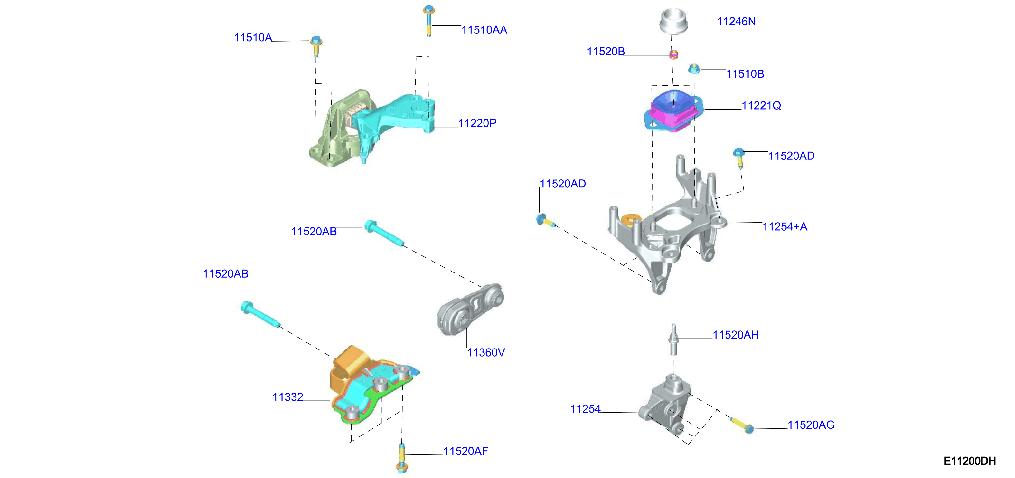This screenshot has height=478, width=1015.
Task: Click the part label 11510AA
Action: [484, 30]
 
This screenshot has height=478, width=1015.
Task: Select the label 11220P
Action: [477, 123]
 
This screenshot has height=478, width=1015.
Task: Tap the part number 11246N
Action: [736, 21]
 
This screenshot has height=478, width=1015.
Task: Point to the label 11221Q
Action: [761, 105]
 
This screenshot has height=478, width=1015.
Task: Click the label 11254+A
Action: [785, 226]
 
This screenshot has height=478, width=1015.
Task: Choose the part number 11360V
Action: [486, 352]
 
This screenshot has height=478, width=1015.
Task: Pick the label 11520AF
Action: [466, 451]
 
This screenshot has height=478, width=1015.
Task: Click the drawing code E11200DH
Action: [969, 461]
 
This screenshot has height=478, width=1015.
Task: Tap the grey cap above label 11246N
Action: [673, 21]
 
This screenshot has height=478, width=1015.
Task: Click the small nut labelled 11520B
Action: [674, 54]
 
